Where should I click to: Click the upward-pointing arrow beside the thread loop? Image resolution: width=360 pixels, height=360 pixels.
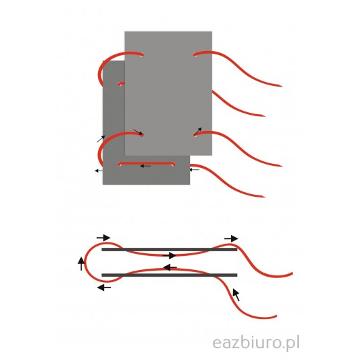pos(81,263)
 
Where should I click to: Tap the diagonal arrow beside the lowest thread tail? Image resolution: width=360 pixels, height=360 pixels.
pos(236,295)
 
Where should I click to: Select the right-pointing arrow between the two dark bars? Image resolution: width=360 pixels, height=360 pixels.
pos(169,255)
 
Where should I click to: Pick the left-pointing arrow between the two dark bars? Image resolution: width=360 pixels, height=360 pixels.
pos(170,267)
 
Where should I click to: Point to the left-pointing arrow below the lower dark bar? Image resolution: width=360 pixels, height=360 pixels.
pos(104,287)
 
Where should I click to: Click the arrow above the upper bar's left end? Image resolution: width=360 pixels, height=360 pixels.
pos(103,238)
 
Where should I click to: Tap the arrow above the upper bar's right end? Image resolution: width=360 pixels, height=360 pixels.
pos(231,239)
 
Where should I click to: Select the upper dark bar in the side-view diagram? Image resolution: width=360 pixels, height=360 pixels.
pos(169,249)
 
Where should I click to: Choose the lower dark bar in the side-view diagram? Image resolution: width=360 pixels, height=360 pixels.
pos(169,275)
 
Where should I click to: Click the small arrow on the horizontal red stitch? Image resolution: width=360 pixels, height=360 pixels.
pos(146,166)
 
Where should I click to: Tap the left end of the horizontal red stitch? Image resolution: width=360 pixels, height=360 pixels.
pos(120,164)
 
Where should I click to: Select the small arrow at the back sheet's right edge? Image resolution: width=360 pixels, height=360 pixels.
pos(194,170)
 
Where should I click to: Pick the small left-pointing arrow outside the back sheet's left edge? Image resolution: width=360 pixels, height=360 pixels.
pos(99,171)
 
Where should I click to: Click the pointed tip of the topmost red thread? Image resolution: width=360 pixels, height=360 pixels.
pos(281,87)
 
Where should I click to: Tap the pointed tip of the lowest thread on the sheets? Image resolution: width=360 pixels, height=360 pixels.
pos(264,197)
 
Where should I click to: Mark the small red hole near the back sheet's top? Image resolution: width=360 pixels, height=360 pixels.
pos(120,84)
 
